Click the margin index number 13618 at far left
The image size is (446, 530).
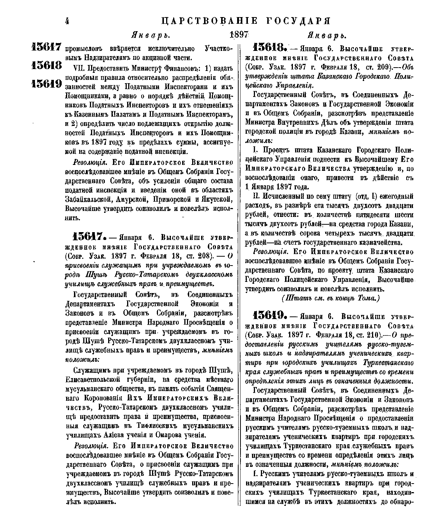coord(46,66)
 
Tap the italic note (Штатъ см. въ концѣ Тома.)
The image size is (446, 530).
coord(331,298)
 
